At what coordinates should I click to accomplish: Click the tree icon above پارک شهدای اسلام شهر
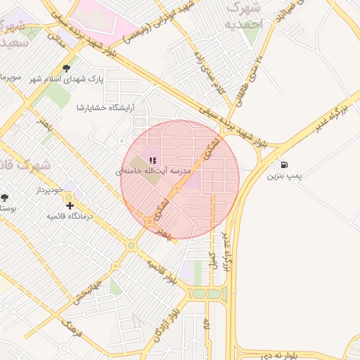[x=66, y=69]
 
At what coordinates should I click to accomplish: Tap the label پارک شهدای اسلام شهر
[x=66, y=80]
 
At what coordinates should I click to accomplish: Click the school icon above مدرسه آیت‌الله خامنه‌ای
[x=153, y=160]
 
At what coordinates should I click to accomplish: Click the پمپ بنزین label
[x=283, y=176]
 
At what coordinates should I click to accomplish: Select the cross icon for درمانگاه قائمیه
[x=70, y=205]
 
